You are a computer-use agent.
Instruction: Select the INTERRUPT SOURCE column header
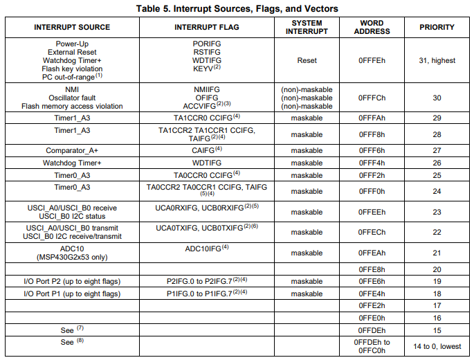[72, 28]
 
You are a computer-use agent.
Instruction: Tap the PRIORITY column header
[437, 28]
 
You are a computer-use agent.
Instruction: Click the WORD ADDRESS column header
[376, 28]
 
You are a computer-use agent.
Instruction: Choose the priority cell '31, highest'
[437, 61]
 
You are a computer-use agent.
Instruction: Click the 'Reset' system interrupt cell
[307, 61]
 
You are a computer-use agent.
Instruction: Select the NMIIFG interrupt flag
[206, 89]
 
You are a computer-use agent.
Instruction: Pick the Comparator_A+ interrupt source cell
[72, 150]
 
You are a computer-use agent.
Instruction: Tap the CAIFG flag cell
[206, 150]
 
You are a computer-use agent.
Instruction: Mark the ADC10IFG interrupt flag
[206, 249]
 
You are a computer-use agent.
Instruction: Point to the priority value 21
[437, 253]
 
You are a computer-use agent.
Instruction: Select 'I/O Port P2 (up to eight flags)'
[72, 281]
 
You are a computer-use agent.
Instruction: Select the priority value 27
[437, 150]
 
